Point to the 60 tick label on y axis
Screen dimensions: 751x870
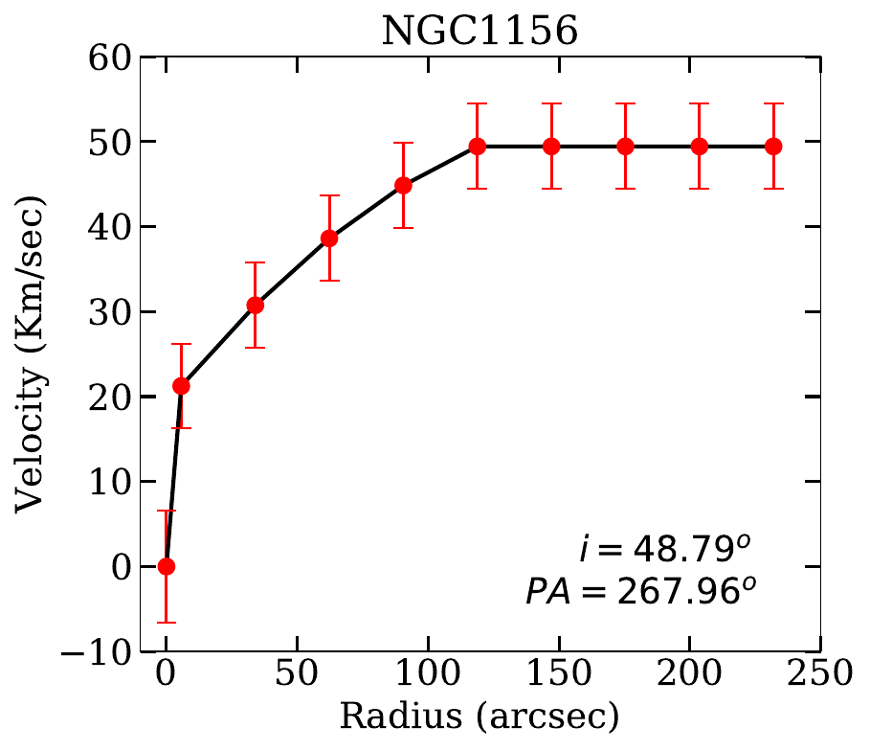pyautogui.click(x=109, y=57)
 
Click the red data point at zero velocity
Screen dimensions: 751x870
pyautogui.click(x=167, y=566)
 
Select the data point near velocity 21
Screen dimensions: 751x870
pyautogui.click(x=181, y=386)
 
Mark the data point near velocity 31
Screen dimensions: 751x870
pyautogui.click(x=256, y=305)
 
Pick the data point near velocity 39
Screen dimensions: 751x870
pyautogui.click(x=329, y=239)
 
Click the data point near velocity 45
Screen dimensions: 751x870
pyautogui.click(x=404, y=186)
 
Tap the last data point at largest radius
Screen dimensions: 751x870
pyautogui.click(x=774, y=147)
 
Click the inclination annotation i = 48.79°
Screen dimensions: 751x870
pyautogui.click(x=663, y=549)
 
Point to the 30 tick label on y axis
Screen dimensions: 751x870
pyautogui.click(x=109, y=312)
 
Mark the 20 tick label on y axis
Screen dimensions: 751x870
pyautogui.click(x=109, y=397)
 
